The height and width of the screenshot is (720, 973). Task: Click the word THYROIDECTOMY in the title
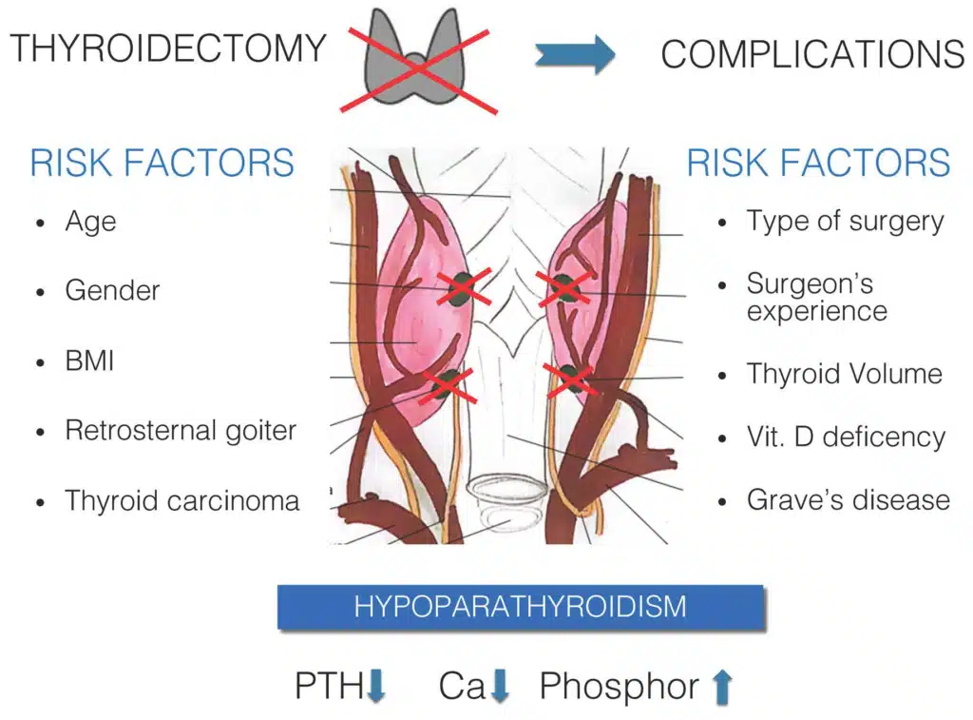click(x=168, y=48)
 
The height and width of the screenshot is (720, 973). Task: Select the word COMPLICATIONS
click(x=812, y=54)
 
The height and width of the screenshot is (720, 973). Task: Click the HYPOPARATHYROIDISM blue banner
click(x=520, y=607)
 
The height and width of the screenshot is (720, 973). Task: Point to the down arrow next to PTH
click(x=376, y=686)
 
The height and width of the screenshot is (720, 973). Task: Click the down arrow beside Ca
click(x=501, y=686)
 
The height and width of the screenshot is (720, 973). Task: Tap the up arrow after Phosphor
click(x=722, y=686)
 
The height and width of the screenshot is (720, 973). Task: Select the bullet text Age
click(x=90, y=222)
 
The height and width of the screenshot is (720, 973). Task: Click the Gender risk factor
click(x=112, y=290)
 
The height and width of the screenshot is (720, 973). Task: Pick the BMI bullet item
click(x=89, y=360)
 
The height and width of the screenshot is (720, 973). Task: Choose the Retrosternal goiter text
click(x=181, y=430)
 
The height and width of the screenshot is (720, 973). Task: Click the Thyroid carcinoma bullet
click(x=181, y=500)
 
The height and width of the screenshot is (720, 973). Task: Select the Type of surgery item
click(x=845, y=222)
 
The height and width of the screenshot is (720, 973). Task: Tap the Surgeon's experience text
click(x=816, y=297)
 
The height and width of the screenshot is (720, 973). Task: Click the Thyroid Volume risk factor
click(x=844, y=374)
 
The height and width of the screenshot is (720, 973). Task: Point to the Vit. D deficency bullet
click(x=846, y=437)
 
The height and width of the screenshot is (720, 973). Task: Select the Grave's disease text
click(x=848, y=499)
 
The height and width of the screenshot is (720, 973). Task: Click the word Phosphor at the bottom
click(x=619, y=686)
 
